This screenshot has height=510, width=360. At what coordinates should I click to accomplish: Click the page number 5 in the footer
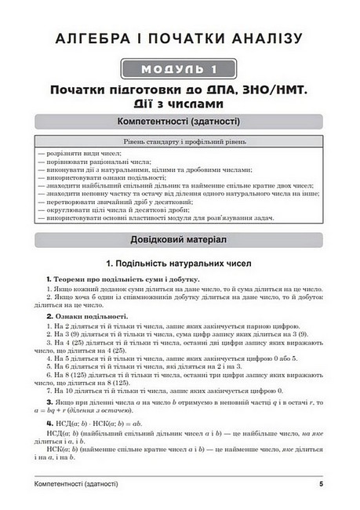click(x=322, y=485)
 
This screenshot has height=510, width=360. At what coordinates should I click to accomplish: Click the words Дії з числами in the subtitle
click(x=180, y=103)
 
